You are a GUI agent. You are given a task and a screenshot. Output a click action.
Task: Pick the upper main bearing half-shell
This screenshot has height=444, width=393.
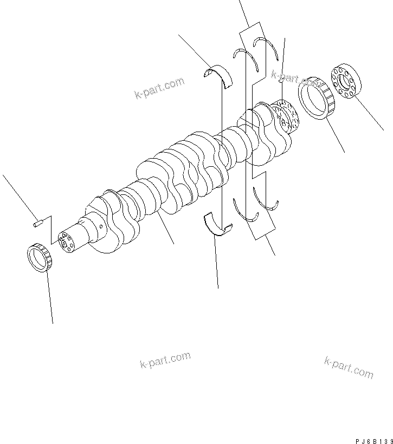222,75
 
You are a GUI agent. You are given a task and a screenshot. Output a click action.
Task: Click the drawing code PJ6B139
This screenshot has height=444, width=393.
371,440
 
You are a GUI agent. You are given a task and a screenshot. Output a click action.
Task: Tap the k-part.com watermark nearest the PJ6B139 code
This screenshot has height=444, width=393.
349,368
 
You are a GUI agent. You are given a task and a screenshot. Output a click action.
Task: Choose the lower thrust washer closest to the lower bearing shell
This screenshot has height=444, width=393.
245,212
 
